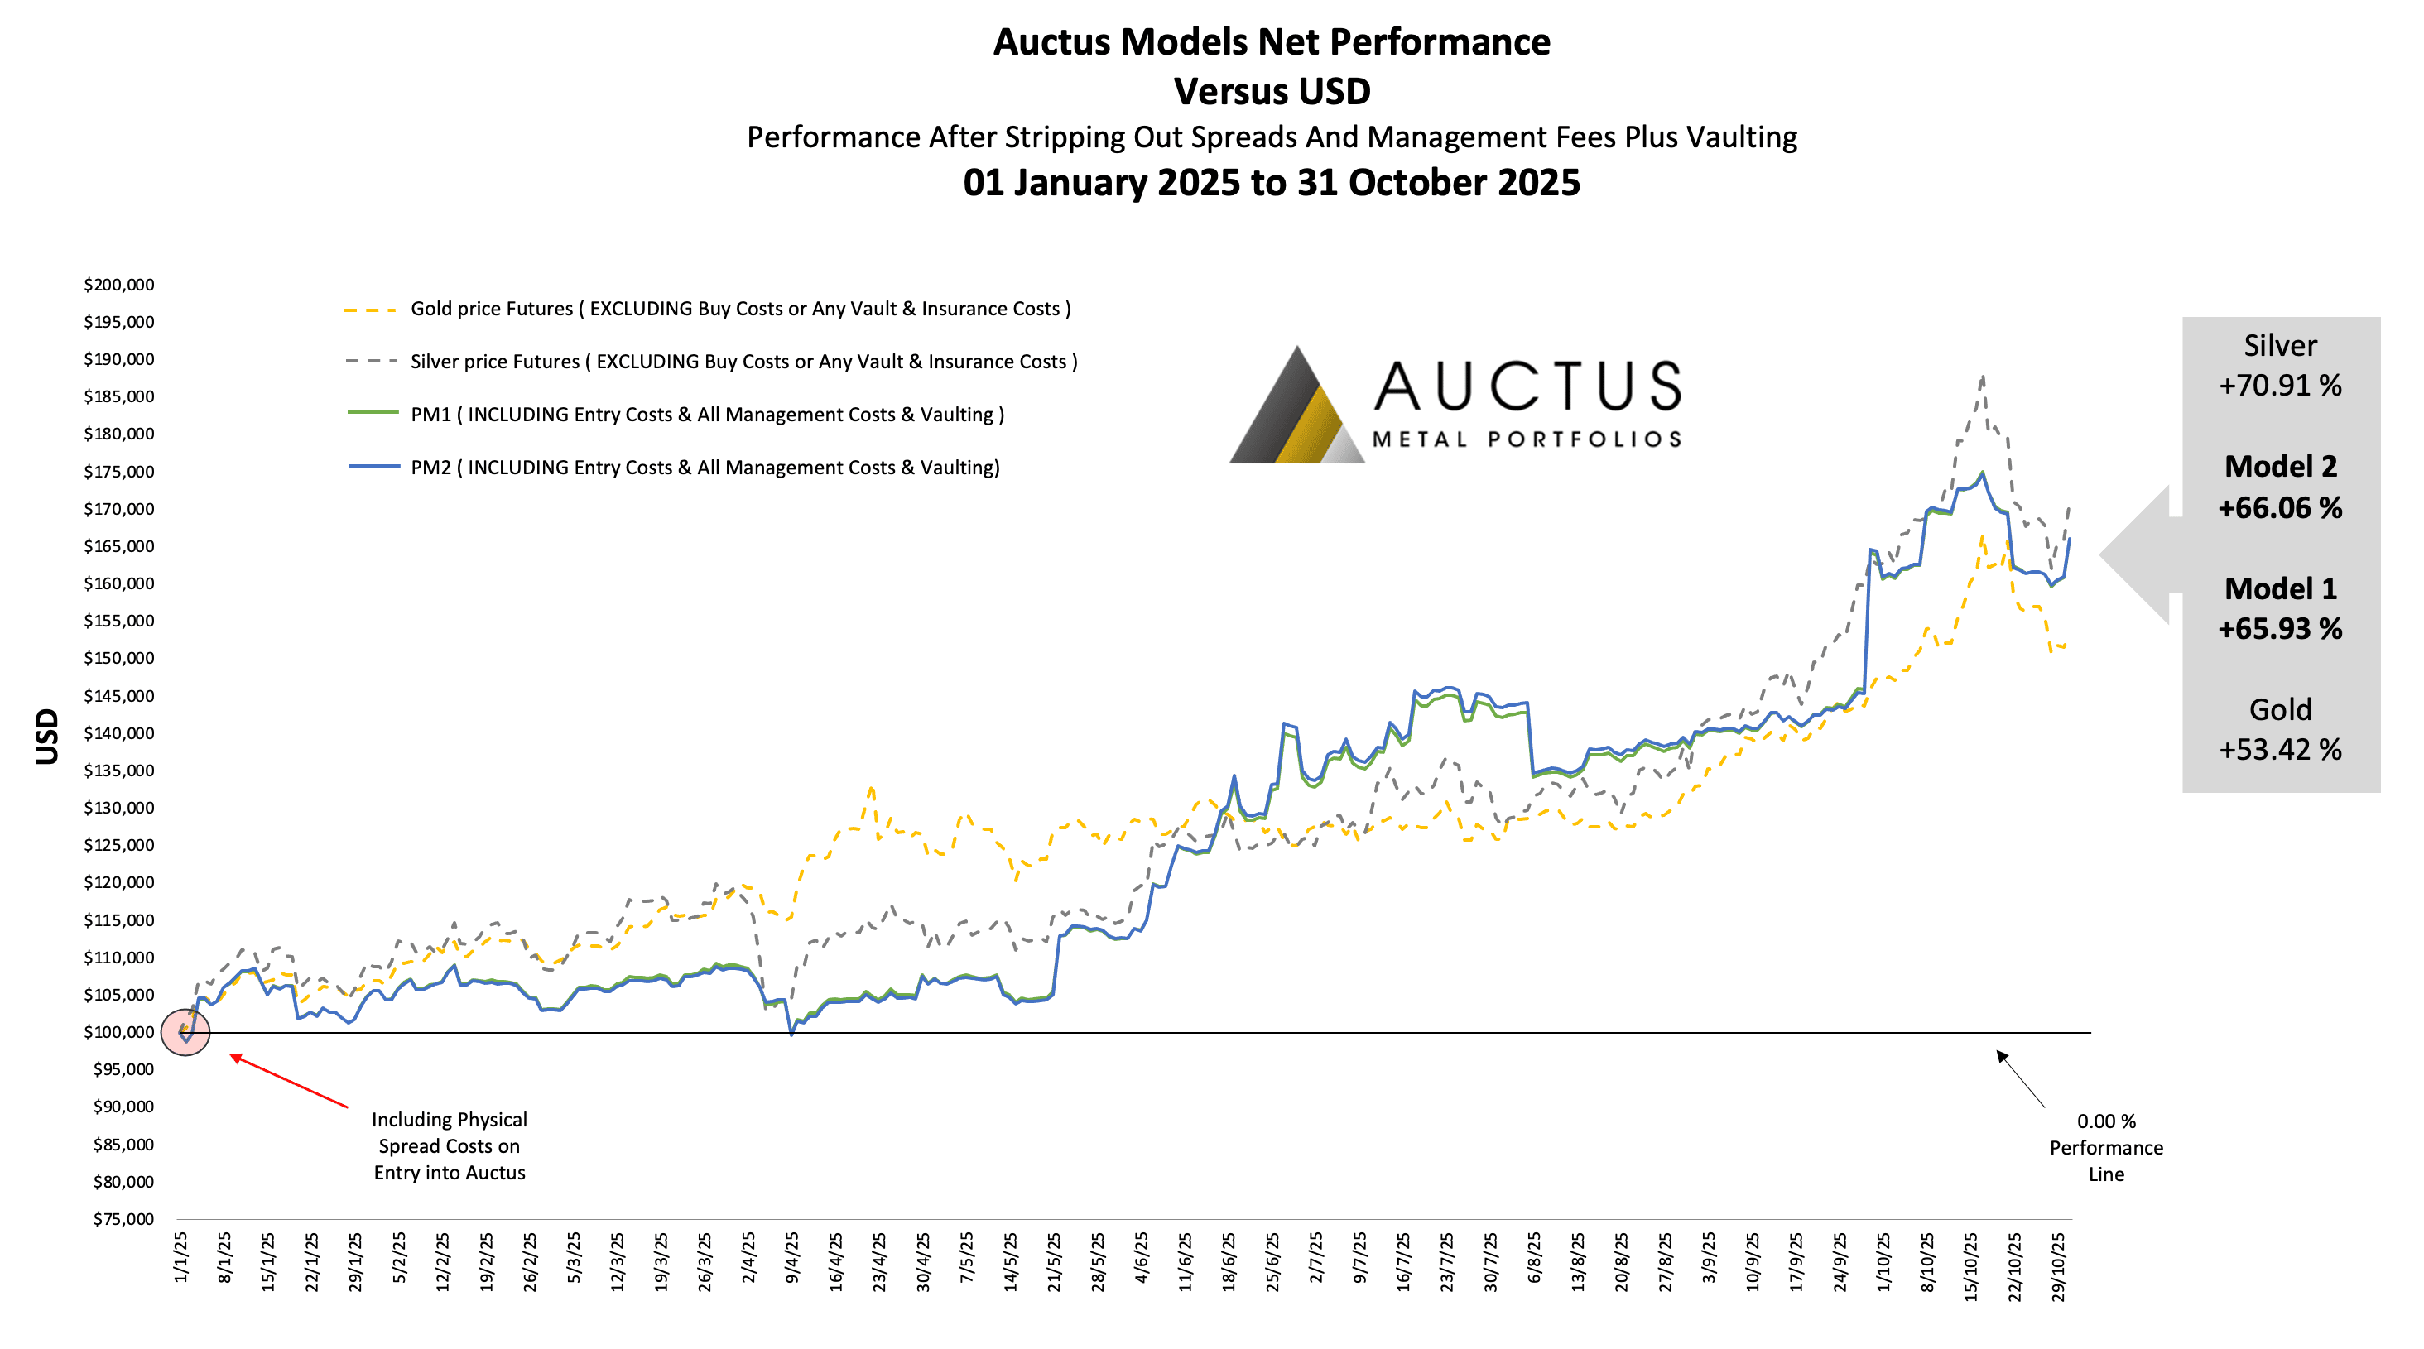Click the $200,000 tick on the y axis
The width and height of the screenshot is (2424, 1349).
(118, 285)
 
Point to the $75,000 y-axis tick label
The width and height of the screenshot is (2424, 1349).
(123, 1219)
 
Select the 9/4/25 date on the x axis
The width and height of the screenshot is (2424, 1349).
(792, 1257)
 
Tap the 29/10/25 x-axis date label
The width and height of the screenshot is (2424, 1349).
(2059, 1266)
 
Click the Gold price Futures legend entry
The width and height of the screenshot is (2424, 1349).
(739, 309)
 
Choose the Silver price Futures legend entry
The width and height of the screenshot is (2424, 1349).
(743, 361)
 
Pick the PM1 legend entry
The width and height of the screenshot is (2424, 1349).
(707, 415)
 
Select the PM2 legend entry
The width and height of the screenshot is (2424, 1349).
(705, 468)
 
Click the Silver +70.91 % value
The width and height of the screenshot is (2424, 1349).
(2280, 366)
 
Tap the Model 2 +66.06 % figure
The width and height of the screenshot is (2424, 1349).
(2280, 487)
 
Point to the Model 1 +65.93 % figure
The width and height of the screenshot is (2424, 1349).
(2280, 608)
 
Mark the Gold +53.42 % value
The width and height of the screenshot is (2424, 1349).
(2280, 730)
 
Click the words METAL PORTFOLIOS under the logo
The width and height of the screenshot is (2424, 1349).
(1527, 439)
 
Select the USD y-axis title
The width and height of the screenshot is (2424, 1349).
(47, 736)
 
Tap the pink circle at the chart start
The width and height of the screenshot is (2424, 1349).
(185, 1032)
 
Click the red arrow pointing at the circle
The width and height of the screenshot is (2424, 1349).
(289, 1082)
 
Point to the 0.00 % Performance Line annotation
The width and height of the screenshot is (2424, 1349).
(2106, 1148)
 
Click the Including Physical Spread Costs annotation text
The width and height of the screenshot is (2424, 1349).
(449, 1145)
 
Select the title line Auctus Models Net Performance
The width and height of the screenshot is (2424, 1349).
(1272, 42)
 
